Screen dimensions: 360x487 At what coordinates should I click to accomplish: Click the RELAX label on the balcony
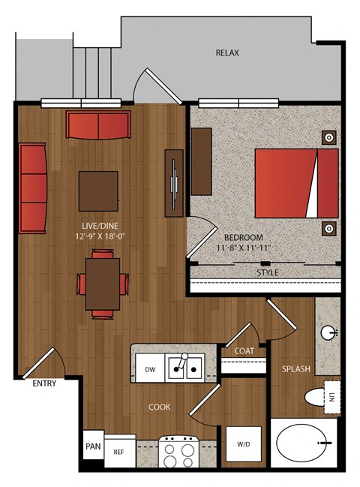[227, 53]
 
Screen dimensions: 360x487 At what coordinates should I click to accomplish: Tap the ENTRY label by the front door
[44, 383]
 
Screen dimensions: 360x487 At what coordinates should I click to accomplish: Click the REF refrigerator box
[120, 451]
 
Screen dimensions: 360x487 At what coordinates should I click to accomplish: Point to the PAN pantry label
[93, 446]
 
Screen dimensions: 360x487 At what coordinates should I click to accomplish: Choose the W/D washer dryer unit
[243, 443]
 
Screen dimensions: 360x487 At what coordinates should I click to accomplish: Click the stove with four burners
[178, 452]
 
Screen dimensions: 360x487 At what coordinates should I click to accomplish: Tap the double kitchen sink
[185, 368]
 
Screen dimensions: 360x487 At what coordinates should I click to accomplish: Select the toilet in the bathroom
[315, 397]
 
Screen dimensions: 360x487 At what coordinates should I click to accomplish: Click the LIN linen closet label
[332, 397]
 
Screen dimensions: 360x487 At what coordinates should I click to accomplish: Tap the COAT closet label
[244, 351]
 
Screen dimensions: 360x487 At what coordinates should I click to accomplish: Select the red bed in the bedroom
[296, 183]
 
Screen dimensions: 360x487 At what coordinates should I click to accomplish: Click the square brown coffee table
[98, 191]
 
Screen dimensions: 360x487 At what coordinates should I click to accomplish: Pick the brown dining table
[103, 284]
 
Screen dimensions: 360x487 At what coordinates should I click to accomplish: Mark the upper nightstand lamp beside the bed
[329, 137]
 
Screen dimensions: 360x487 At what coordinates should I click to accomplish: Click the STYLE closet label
[268, 272]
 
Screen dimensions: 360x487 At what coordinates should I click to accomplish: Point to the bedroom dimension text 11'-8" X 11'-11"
[243, 248]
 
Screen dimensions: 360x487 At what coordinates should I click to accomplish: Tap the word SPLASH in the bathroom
[296, 369]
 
